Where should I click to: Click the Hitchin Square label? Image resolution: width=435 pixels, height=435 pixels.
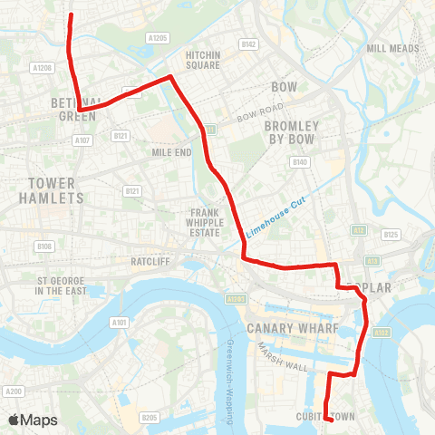click(x=203, y=60)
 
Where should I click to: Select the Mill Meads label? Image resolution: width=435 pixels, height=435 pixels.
click(x=391, y=48)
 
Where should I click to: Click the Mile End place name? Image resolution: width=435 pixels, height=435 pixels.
click(x=172, y=152)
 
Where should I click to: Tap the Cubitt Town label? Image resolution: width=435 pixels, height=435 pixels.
click(x=324, y=416)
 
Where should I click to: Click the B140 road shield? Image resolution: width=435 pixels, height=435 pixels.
click(x=301, y=162)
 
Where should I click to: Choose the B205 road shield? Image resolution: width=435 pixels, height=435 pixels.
click(x=150, y=417)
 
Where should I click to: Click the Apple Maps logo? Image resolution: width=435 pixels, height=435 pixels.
click(x=33, y=420)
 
